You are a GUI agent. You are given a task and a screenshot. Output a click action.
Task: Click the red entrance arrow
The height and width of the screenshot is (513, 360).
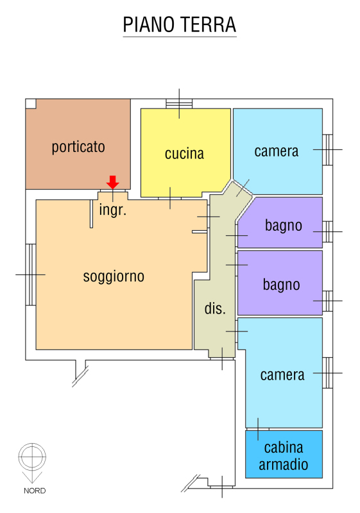[x=112, y=182]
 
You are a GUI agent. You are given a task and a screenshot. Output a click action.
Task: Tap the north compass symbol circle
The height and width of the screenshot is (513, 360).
[x=32, y=457]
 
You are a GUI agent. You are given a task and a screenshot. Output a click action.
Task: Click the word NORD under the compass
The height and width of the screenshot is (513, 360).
[x=35, y=491]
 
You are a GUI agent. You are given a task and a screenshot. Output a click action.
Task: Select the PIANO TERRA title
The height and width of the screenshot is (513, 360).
[x=179, y=24]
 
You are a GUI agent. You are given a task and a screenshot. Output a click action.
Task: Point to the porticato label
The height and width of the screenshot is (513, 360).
[x=78, y=147]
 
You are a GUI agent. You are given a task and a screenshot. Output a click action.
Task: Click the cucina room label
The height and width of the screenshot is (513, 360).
[x=184, y=153]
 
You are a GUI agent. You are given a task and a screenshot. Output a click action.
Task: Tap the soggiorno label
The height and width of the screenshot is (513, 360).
[x=114, y=276]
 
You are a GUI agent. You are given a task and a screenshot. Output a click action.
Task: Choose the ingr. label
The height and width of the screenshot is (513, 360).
[x=112, y=210]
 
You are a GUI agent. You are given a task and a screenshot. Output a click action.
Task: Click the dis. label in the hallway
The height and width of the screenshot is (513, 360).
[x=215, y=308]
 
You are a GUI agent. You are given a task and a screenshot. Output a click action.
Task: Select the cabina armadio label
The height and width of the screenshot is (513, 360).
[x=284, y=456]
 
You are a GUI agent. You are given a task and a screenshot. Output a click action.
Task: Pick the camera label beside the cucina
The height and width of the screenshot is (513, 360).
[x=276, y=151]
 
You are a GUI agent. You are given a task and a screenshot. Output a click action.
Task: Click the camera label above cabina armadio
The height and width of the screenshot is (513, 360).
[x=282, y=375]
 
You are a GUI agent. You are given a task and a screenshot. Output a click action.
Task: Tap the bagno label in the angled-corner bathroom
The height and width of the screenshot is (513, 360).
[x=284, y=226]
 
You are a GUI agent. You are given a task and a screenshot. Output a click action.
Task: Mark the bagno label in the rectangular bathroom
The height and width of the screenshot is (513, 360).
[x=282, y=285]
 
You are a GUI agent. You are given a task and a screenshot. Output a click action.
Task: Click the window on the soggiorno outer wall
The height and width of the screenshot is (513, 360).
[x=31, y=274]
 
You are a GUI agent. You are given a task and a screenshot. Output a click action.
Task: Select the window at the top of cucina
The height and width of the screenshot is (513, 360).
[x=179, y=104]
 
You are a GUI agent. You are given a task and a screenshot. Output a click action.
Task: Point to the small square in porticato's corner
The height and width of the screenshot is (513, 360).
[x=31, y=103]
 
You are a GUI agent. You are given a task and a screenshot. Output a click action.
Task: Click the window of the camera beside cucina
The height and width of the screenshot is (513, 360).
[x=328, y=149]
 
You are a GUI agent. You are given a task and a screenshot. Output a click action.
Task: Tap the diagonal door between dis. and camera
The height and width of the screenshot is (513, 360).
[x=243, y=188]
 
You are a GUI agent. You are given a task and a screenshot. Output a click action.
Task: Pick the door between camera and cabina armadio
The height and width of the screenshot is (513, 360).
[x=257, y=429]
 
